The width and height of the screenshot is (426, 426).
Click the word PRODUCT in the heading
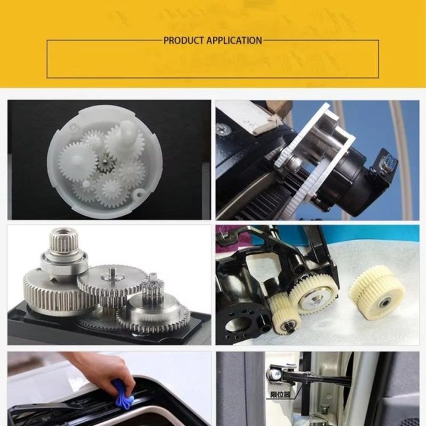coord(183,41)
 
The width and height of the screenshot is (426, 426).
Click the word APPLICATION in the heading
coord(234,41)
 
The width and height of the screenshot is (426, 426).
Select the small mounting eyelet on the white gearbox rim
coord(138,194)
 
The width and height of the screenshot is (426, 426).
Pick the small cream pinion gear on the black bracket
coord(285,315)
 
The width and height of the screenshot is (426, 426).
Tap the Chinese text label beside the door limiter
coord(280,395)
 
